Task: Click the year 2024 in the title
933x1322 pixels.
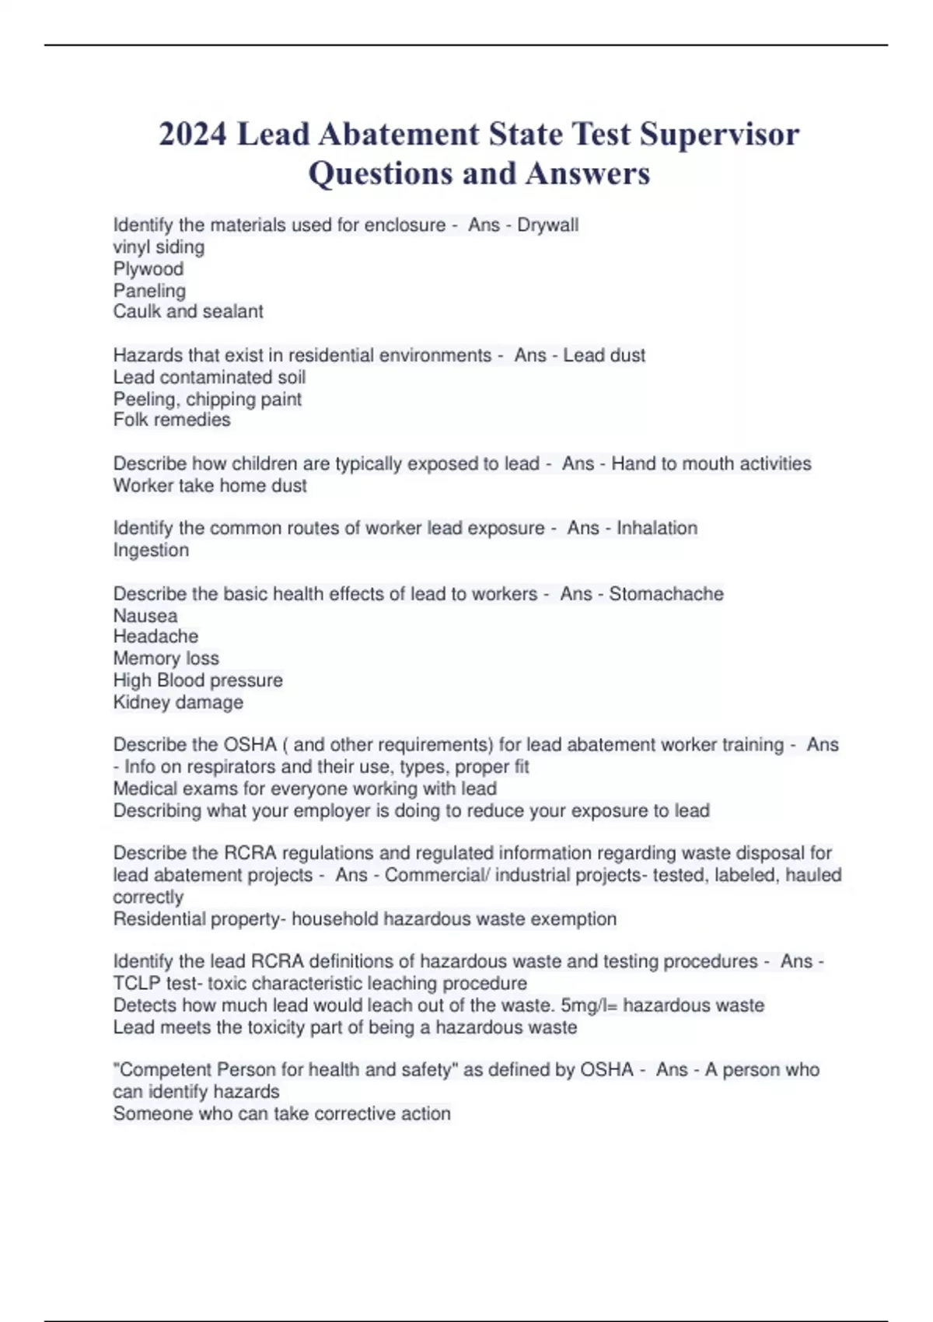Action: point(193,134)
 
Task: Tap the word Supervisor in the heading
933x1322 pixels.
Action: point(719,134)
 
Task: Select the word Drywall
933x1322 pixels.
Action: point(547,225)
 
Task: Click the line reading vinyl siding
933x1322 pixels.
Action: point(159,247)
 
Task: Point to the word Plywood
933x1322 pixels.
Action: point(149,269)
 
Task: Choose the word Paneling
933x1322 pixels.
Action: point(149,291)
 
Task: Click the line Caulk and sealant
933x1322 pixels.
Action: point(188,312)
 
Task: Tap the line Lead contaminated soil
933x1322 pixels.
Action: point(209,377)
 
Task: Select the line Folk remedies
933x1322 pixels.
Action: point(172,420)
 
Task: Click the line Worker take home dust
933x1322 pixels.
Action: point(210,485)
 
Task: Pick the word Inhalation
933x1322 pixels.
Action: point(657,528)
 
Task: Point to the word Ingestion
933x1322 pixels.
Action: point(151,550)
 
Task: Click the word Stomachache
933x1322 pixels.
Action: point(666,594)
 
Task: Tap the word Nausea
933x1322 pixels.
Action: point(145,616)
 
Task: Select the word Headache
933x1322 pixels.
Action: point(155,636)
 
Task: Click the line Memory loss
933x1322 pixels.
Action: point(166,658)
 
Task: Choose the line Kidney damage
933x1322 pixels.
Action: point(178,702)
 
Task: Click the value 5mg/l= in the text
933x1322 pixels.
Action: point(589,1005)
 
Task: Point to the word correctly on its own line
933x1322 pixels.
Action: point(149,897)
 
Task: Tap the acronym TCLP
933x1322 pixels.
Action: point(134,983)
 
